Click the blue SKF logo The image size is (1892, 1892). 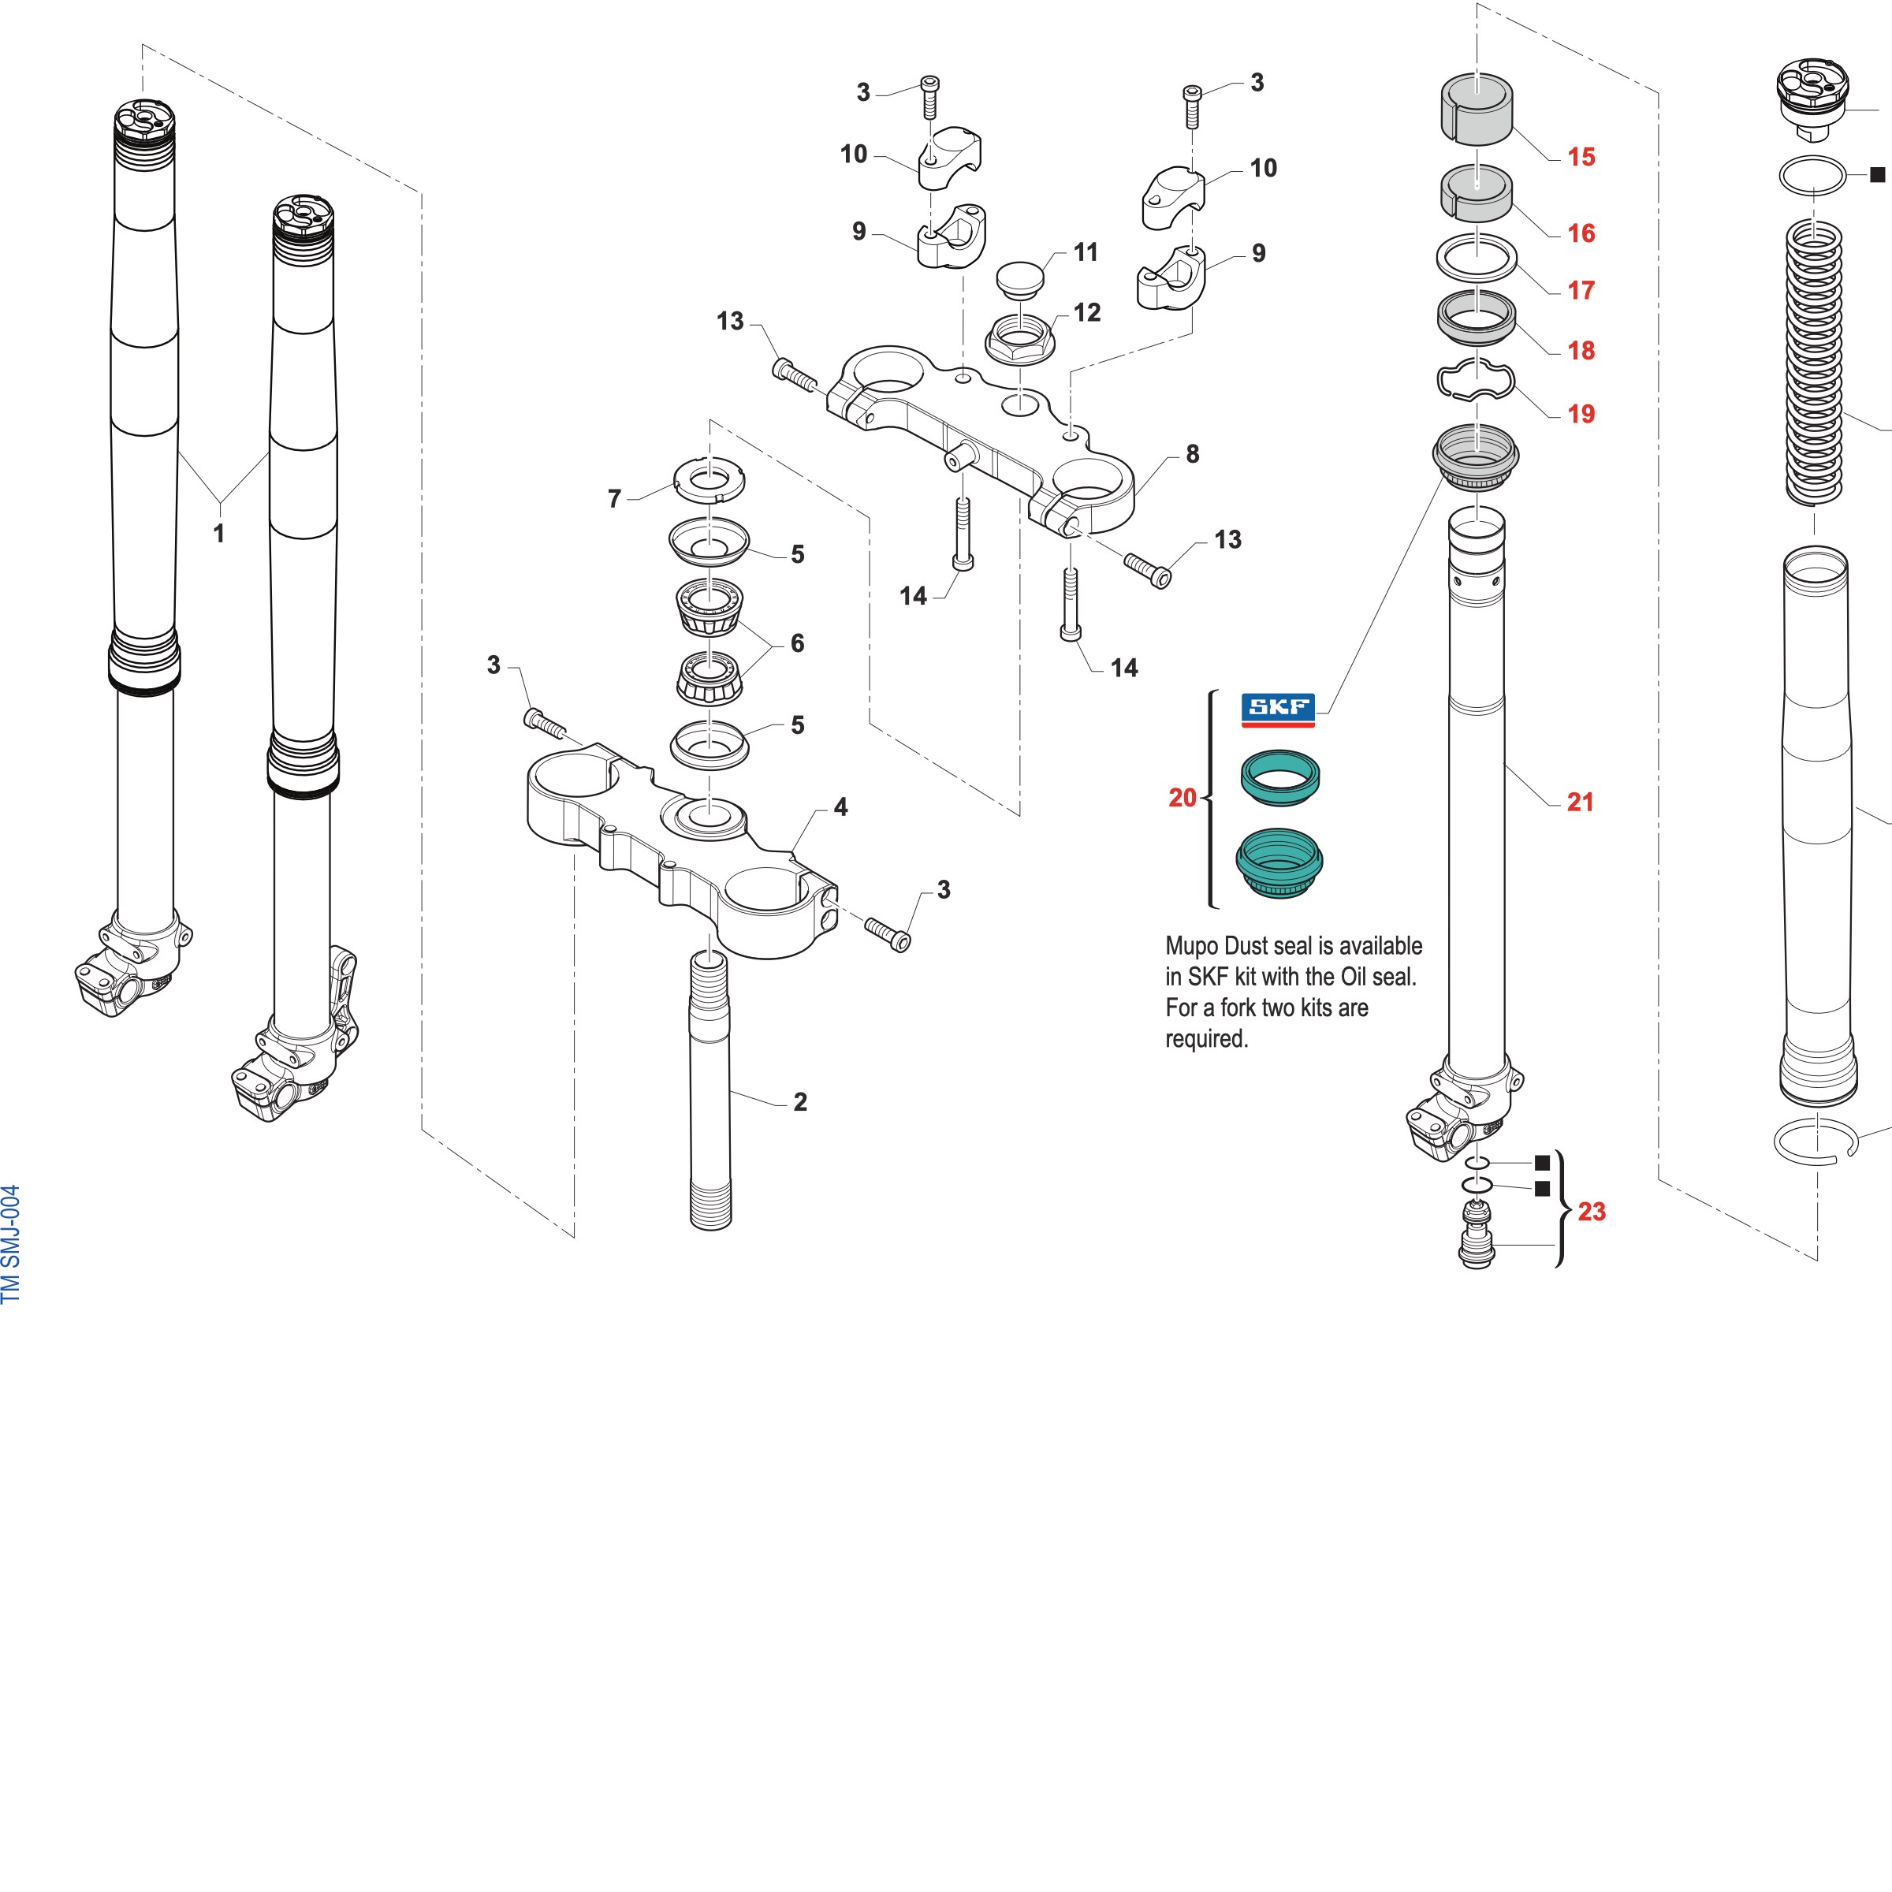click(x=1278, y=709)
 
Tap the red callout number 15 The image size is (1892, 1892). click(x=1581, y=157)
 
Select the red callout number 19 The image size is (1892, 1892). click(x=1581, y=414)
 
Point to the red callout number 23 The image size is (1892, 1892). click(x=1592, y=1212)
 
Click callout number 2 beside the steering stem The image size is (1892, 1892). click(x=800, y=1102)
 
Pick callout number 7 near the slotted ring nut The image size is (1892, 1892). click(x=614, y=500)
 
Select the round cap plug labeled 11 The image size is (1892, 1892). click(x=1019, y=277)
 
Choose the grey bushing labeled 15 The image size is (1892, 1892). click(x=1476, y=109)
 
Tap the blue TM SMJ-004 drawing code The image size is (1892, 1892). click(x=11, y=1244)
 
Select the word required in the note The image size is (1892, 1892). click(x=1206, y=1039)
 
